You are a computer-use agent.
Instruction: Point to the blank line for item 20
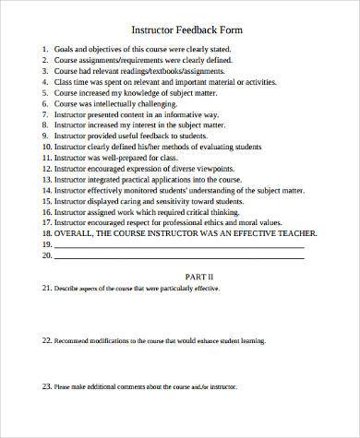[x=185, y=259]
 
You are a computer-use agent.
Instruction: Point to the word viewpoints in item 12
[x=241, y=169]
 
